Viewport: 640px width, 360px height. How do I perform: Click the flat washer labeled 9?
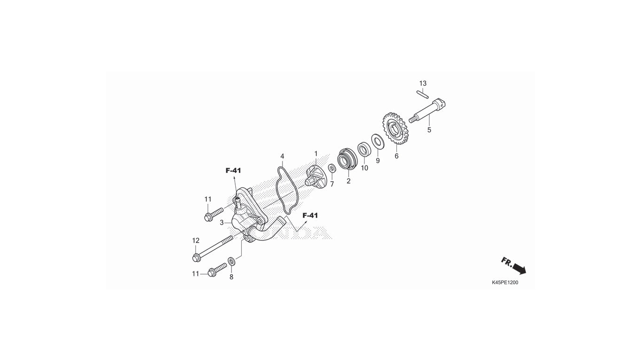(378, 141)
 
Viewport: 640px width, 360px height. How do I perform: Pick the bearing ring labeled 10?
(365, 149)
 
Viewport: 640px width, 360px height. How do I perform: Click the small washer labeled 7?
(332, 168)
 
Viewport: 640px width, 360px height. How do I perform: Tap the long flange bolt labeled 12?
(213, 248)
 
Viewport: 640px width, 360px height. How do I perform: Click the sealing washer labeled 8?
(231, 261)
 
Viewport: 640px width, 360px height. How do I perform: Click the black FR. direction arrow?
(519, 269)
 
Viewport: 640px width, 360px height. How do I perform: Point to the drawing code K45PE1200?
(505, 283)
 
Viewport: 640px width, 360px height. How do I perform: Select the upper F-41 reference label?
(233, 171)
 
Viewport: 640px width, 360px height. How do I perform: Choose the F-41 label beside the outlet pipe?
(310, 215)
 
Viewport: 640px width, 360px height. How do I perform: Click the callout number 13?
(423, 83)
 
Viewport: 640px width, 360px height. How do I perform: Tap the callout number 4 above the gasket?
(283, 157)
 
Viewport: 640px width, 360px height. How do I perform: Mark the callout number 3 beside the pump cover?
(222, 222)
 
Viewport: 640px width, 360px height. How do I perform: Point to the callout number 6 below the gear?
(396, 156)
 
